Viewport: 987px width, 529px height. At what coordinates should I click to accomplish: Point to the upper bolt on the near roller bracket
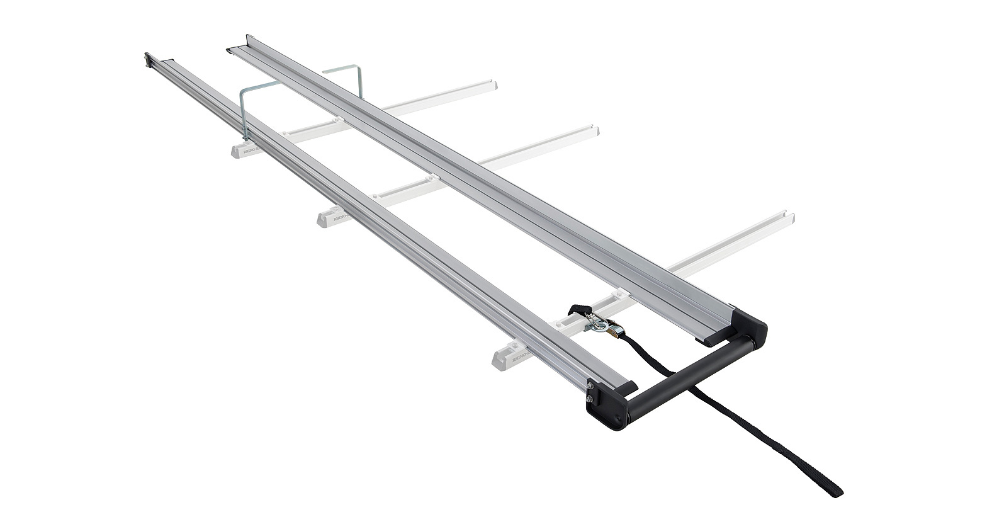tap(590, 386)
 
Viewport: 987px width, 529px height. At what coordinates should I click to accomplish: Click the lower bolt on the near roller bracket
tap(590, 398)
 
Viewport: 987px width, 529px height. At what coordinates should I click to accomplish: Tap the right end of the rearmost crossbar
tap(492, 84)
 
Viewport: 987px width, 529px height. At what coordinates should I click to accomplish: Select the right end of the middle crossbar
tap(594, 130)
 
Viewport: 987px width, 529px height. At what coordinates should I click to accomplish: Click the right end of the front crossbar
tap(789, 218)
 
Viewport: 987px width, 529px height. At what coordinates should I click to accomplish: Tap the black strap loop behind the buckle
tap(580, 309)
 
